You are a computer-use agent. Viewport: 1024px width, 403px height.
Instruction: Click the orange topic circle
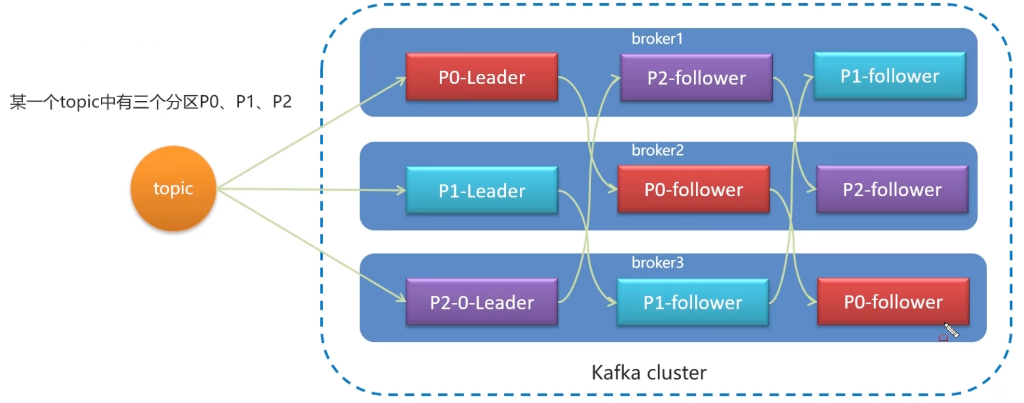tap(173, 188)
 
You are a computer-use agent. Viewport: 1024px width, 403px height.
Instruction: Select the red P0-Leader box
tap(482, 77)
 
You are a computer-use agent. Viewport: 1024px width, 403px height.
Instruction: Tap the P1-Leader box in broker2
tap(482, 190)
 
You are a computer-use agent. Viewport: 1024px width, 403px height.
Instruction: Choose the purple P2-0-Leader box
tap(482, 302)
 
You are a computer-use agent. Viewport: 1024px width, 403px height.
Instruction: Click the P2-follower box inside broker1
tap(696, 77)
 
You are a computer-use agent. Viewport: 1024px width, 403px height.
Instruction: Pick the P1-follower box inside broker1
tap(890, 76)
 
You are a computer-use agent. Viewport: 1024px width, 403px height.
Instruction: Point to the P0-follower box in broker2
tap(694, 189)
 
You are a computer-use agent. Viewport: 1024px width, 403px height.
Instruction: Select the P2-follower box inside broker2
tap(892, 189)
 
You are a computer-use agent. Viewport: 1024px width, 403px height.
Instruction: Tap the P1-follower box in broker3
tap(693, 302)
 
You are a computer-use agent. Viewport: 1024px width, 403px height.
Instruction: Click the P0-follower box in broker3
tap(893, 302)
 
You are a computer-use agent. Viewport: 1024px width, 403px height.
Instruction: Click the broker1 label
tap(657, 38)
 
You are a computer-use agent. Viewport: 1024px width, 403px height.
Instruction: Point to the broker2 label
tap(657, 150)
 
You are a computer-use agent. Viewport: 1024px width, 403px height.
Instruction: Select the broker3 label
tap(657, 262)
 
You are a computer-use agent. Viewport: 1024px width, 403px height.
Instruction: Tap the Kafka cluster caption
tap(649, 372)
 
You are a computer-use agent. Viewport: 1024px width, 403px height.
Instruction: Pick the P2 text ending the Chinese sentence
tap(282, 101)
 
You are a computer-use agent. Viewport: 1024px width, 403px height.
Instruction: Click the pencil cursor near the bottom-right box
tap(951, 330)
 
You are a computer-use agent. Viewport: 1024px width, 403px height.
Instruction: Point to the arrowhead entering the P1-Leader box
tap(401, 191)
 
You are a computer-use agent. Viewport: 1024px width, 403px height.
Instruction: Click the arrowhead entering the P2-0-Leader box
tap(401, 298)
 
